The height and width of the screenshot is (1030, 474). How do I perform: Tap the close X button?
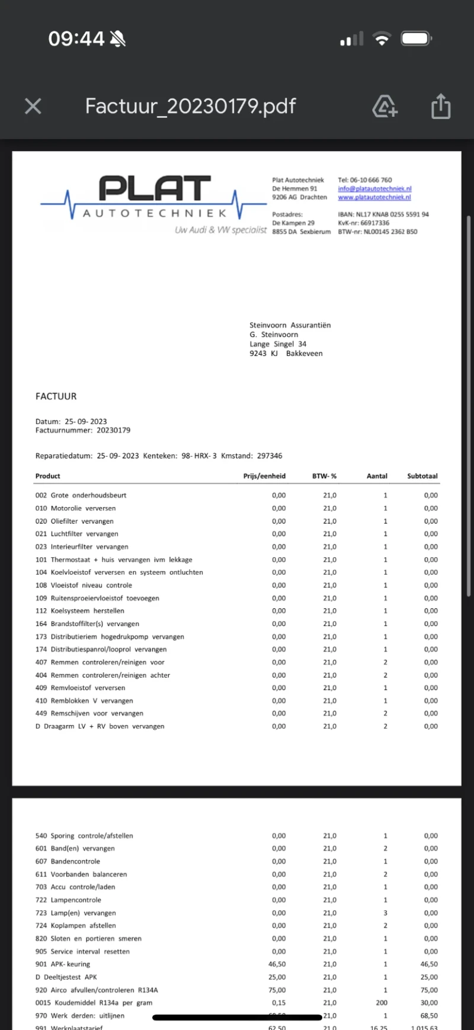point(33,107)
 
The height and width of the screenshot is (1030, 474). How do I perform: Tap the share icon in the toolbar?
point(440,107)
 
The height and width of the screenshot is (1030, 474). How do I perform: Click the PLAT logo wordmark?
point(155,188)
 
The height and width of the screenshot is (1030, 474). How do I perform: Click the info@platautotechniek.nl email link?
point(374,188)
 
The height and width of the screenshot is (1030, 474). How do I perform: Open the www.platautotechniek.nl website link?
point(374,197)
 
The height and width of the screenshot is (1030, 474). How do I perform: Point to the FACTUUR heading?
point(56,396)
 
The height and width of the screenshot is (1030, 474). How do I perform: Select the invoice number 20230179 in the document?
point(113,431)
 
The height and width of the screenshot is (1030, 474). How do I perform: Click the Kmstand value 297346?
point(270,456)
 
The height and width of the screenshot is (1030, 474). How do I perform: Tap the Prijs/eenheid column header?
point(264,476)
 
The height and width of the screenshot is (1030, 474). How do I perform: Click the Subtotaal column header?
point(422,476)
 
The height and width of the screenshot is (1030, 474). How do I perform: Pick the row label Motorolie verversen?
point(83,508)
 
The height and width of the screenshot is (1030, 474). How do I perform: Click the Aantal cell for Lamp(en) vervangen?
point(385,913)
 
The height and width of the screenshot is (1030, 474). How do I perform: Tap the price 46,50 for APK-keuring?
point(277,964)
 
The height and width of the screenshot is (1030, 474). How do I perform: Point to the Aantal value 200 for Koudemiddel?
point(382,1003)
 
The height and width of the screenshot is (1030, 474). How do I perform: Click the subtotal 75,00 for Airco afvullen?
point(429,990)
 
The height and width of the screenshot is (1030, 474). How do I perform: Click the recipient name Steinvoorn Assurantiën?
point(290,325)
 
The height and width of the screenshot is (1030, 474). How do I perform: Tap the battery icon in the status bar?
point(416,39)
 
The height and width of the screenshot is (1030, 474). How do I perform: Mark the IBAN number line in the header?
point(383,214)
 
